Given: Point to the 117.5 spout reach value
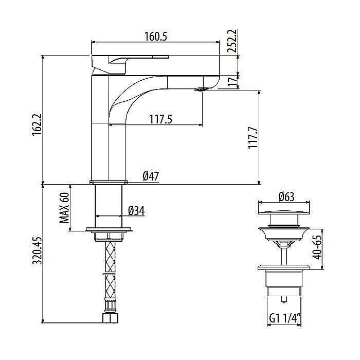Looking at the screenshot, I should [160, 119].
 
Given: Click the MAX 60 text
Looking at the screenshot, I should [64, 208].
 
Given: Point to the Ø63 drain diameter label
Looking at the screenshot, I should [285, 196].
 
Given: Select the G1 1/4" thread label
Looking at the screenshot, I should [284, 318].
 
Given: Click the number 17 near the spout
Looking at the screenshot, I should [232, 80].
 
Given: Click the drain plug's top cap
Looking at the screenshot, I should [284, 208].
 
